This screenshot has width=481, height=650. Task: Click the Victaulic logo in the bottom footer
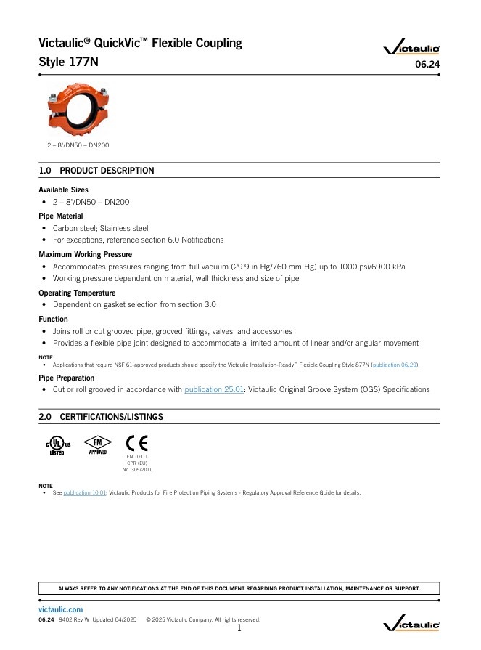[x=411, y=623]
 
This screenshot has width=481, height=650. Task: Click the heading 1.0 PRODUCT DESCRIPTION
[x=96, y=171]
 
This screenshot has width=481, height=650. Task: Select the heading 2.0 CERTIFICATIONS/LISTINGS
[x=101, y=417]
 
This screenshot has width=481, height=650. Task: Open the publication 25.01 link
[x=213, y=390]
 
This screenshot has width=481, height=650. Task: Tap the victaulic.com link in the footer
[x=60, y=609]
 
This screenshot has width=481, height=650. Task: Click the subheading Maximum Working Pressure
[x=85, y=255]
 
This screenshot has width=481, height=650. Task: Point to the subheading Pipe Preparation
[x=66, y=378]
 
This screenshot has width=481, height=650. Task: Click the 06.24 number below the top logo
[x=427, y=65]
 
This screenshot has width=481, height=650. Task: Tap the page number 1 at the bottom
[x=239, y=628]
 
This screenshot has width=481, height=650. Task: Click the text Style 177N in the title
[x=68, y=62]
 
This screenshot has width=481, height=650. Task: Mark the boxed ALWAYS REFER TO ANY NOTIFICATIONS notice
[x=239, y=588]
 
